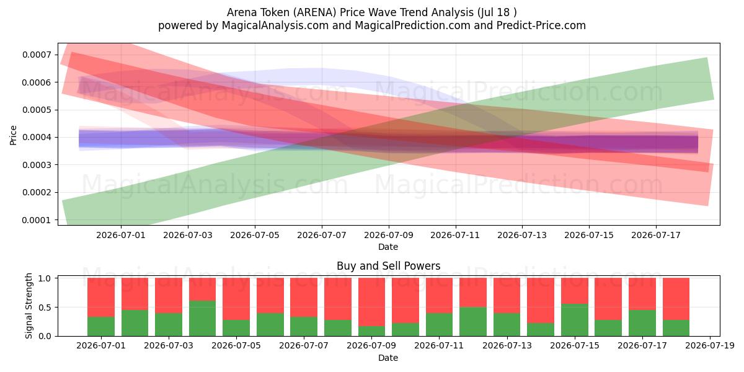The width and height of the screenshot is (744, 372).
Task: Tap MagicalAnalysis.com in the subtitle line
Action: [275, 25]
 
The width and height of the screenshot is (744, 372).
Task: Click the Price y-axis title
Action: [13, 135]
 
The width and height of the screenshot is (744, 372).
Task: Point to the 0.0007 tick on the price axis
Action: [37, 55]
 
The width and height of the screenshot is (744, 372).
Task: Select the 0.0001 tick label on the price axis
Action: [37, 220]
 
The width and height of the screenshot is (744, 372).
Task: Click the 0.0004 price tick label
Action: [37, 137]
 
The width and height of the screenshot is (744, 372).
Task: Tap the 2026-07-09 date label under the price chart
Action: [389, 235]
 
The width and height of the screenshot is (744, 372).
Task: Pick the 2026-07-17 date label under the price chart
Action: [656, 235]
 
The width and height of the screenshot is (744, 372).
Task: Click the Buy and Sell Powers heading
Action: [389, 266]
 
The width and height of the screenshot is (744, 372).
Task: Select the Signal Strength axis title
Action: [29, 306]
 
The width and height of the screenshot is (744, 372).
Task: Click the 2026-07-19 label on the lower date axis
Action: [710, 345]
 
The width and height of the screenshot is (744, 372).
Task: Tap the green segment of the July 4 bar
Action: [202, 318]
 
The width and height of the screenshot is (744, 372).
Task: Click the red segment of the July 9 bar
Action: [371, 302]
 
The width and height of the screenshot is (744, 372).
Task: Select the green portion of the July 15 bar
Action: [575, 320]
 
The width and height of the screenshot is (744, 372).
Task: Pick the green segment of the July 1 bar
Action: [101, 326]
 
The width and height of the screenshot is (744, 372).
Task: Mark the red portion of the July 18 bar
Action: [676, 299]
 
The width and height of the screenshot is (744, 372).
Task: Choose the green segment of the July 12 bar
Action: [473, 322]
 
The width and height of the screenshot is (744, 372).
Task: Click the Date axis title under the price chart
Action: [388, 247]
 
